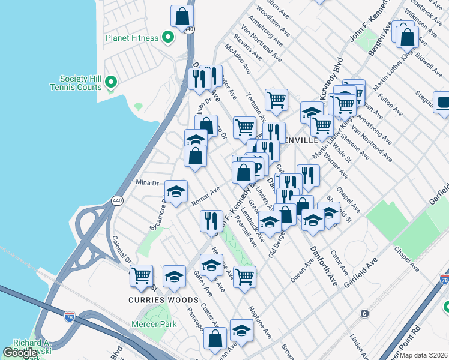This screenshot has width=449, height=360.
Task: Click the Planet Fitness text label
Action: (132, 38)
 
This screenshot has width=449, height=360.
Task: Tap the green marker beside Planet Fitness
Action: (169, 38)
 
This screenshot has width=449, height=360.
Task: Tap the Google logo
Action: (20, 353)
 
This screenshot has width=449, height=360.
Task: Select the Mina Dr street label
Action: (146, 182)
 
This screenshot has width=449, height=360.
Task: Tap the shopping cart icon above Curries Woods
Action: (141, 276)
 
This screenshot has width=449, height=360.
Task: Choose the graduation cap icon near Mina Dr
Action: (176, 191)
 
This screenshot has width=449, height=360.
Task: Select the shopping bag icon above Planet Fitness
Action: (182, 16)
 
